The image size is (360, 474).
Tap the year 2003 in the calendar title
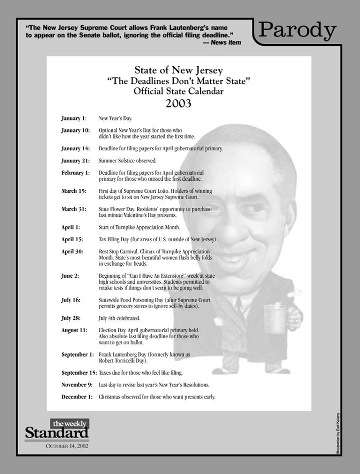(178, 103)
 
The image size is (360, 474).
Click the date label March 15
(73, 191)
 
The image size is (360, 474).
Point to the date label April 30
(72, 251)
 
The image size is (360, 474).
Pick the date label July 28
(71, 318)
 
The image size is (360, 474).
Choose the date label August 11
(74, 331)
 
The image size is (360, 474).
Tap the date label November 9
(77, 385)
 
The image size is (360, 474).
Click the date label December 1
(77, 397)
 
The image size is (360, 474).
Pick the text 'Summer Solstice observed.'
(127, 161)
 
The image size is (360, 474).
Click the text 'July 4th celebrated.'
(119, 318)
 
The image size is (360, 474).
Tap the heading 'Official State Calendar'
(178, 91)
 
